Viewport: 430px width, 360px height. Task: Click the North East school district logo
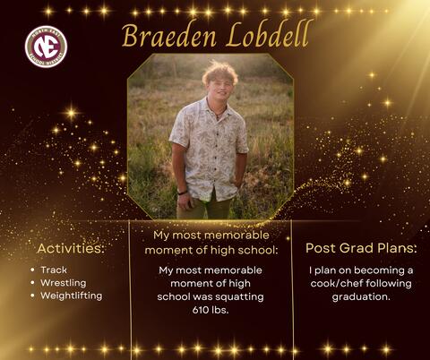pos(46,46)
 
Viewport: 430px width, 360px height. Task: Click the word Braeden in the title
pos(166,37)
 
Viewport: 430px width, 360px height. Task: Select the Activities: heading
pos(71,248)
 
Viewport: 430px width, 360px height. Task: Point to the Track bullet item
pos(53,270)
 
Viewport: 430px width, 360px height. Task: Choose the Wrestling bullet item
pos(63,282)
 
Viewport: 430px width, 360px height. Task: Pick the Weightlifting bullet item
pos(71,296)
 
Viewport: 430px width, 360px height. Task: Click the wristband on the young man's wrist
pos(183,192)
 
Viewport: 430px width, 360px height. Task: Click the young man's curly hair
pos(219,71)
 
